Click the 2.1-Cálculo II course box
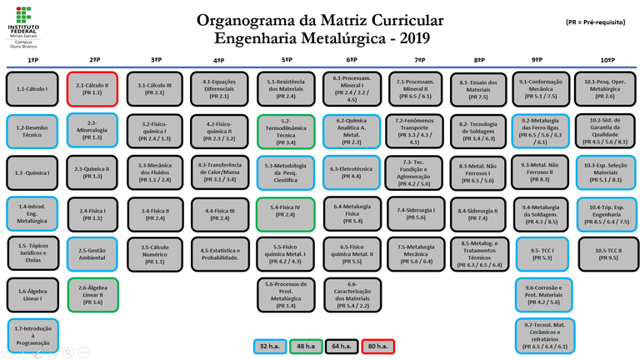(x=92, y=88)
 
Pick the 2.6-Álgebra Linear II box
(x=92, y=293)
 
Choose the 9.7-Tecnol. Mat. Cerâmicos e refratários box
(x=546, y=335)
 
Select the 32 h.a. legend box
(x=270, y=345)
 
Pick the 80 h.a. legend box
(x=376, y=345)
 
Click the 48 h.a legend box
(x=305, y=345)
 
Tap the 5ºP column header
(x=286, y=61)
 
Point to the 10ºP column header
(x=607, y=61)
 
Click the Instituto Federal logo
(x=25, y=26)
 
